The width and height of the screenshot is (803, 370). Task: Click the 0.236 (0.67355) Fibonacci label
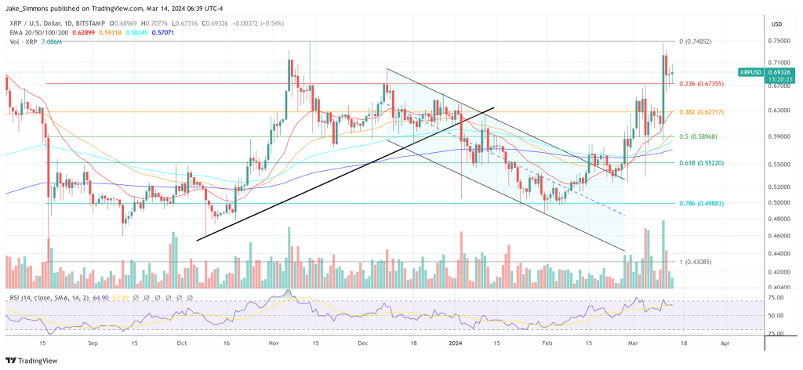click(701, 84)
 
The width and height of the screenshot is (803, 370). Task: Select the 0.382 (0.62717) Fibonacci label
click(701, 112)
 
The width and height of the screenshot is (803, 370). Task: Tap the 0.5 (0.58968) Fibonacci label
click(697, 136)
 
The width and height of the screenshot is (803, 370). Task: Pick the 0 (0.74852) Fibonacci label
click(696, 41)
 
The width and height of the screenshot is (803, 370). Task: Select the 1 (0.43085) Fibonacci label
click(696, 261)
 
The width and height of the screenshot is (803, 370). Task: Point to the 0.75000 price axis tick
click(779, 41)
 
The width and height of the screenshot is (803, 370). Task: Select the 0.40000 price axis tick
click(779, 288)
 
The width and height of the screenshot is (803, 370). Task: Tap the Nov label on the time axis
click(273, 343)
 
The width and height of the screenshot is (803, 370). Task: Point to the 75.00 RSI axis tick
click(776, 299)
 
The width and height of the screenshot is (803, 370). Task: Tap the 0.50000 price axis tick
click(779, 202)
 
